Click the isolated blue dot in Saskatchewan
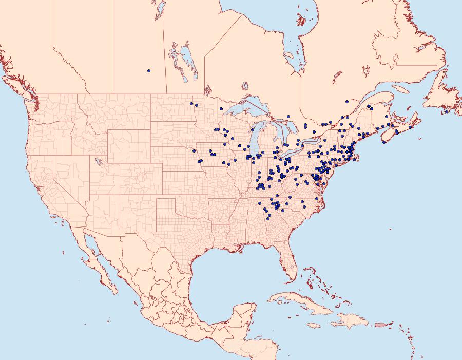pyautogui.click(x=149, y=70)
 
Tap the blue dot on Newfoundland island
pyautogui.click(x=447, y=111)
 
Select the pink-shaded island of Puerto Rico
pyautogui.click(x=380, y=325)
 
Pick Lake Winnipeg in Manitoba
pyautogui.click(x=187, y=59)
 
